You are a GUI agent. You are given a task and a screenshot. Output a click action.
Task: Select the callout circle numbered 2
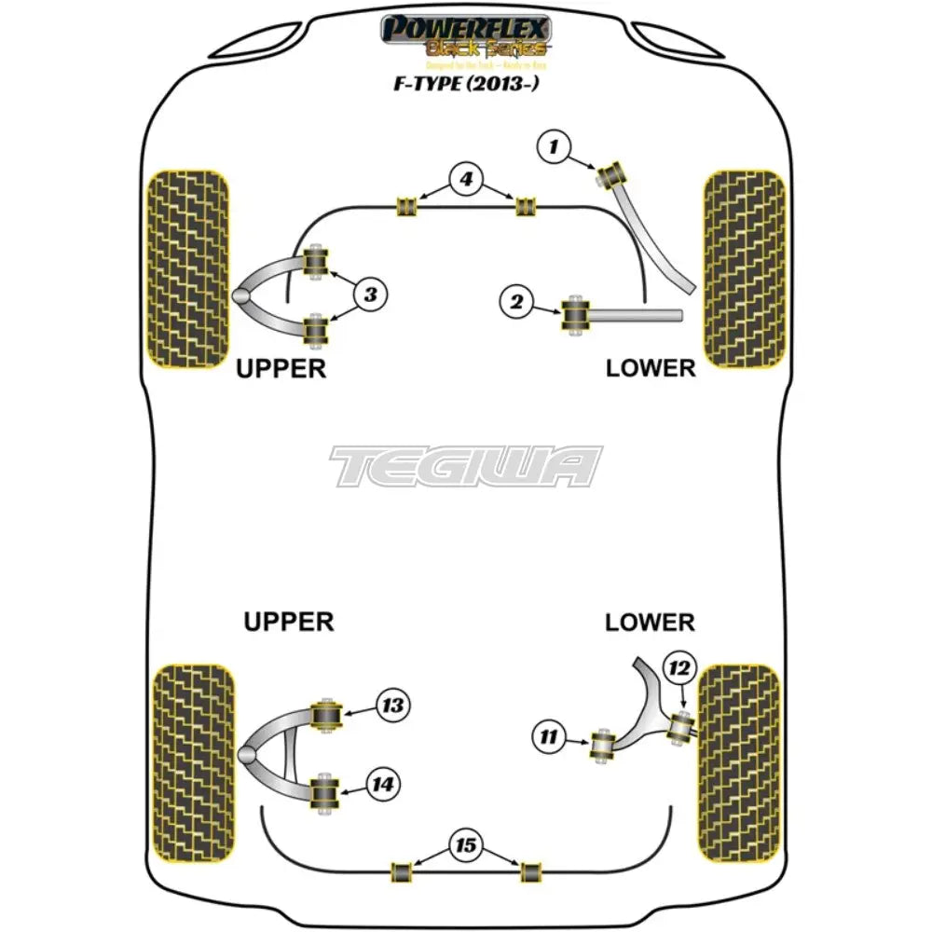516,301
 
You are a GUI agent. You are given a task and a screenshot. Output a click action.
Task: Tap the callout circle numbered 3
370,295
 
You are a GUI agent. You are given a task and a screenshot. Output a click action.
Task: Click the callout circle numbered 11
548,738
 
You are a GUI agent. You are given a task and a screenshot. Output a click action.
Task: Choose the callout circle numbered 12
679,667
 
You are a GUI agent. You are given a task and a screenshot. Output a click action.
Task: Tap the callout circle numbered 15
465,845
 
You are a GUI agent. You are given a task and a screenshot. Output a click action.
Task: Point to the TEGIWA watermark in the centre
466,466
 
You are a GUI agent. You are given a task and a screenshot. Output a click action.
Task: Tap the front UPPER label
281,368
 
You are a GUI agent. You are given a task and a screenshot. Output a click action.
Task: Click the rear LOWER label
650,622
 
